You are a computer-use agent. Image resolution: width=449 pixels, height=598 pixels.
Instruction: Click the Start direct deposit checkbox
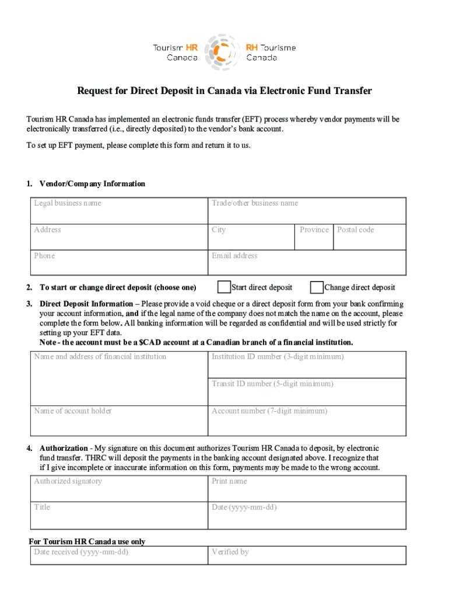click(224, 287)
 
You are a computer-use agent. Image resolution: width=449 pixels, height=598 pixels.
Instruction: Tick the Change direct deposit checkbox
click(317, 287)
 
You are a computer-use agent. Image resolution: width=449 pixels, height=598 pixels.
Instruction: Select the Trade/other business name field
click(307, 211)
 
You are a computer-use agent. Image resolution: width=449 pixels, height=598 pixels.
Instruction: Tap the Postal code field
click(370, 238)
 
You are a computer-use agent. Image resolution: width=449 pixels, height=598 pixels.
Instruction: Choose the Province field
click(315, 238)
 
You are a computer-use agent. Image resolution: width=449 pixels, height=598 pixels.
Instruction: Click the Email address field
click(307, 263)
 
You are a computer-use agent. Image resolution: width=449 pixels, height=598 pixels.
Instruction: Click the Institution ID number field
click(307, 366)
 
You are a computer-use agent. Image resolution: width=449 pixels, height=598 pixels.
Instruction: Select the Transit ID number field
click(307, 392)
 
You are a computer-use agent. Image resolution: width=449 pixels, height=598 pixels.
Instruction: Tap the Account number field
click(307, 420)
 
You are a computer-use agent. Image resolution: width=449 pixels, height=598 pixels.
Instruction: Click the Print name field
click(307, 489)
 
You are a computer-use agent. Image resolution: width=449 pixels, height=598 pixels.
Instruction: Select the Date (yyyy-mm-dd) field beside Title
click(307, 516)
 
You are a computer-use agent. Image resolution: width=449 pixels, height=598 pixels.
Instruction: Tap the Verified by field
click(307, 556)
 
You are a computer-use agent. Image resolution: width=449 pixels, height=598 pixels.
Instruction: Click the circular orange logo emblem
click(222, 52)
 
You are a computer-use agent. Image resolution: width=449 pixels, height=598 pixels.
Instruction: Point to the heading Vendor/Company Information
click(92, 184)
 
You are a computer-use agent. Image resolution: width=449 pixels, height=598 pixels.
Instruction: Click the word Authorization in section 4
click(63, 448)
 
